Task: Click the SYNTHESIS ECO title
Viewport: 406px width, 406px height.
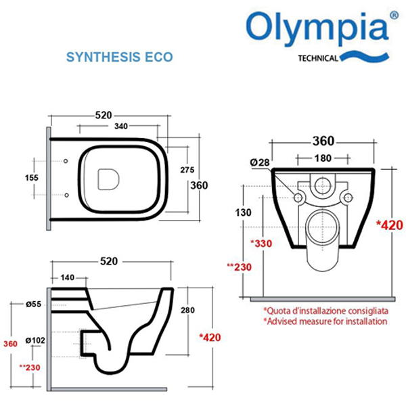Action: (x=119, y=57)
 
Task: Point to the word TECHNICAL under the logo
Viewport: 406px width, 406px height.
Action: (x=318, y=58)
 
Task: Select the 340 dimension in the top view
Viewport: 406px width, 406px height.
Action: (x=122, y=127)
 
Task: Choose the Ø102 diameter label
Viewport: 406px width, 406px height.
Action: (x=35, y=340)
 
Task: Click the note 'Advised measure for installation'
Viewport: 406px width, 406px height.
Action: (x=325, y=321)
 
